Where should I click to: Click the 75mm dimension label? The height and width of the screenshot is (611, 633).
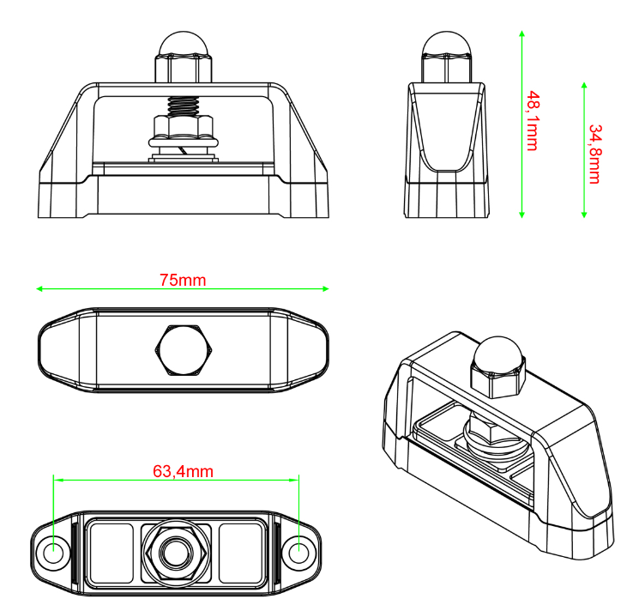click(x=183, y=280)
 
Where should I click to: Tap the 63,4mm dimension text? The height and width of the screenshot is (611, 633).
click(x=183, y=471)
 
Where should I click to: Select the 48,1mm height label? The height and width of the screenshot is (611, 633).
click(x=533, y=121)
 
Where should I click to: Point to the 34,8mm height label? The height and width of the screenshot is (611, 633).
click(x=595, y=154)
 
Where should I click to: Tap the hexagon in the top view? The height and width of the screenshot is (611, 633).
click(x=184, y=350)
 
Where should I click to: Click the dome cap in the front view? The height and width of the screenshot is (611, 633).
click(x=184, y=43)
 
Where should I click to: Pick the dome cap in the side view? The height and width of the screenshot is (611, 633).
click(x=447, y=43)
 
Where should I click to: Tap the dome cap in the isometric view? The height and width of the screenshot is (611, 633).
click(x=498, y=353)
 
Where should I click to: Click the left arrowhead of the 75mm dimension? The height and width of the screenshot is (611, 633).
click(x=39, y=288)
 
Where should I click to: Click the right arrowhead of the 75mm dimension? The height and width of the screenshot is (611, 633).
click(x=326, y=288)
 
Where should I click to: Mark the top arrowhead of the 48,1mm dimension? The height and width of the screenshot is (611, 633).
click(x=521, y=34)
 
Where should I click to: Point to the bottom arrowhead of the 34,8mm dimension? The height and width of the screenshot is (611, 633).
click(x=584, y=214)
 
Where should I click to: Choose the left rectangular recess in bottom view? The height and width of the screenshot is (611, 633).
click(x=111, y=553)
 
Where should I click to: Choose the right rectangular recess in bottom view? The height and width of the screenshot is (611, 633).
click(x=241, y=553)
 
